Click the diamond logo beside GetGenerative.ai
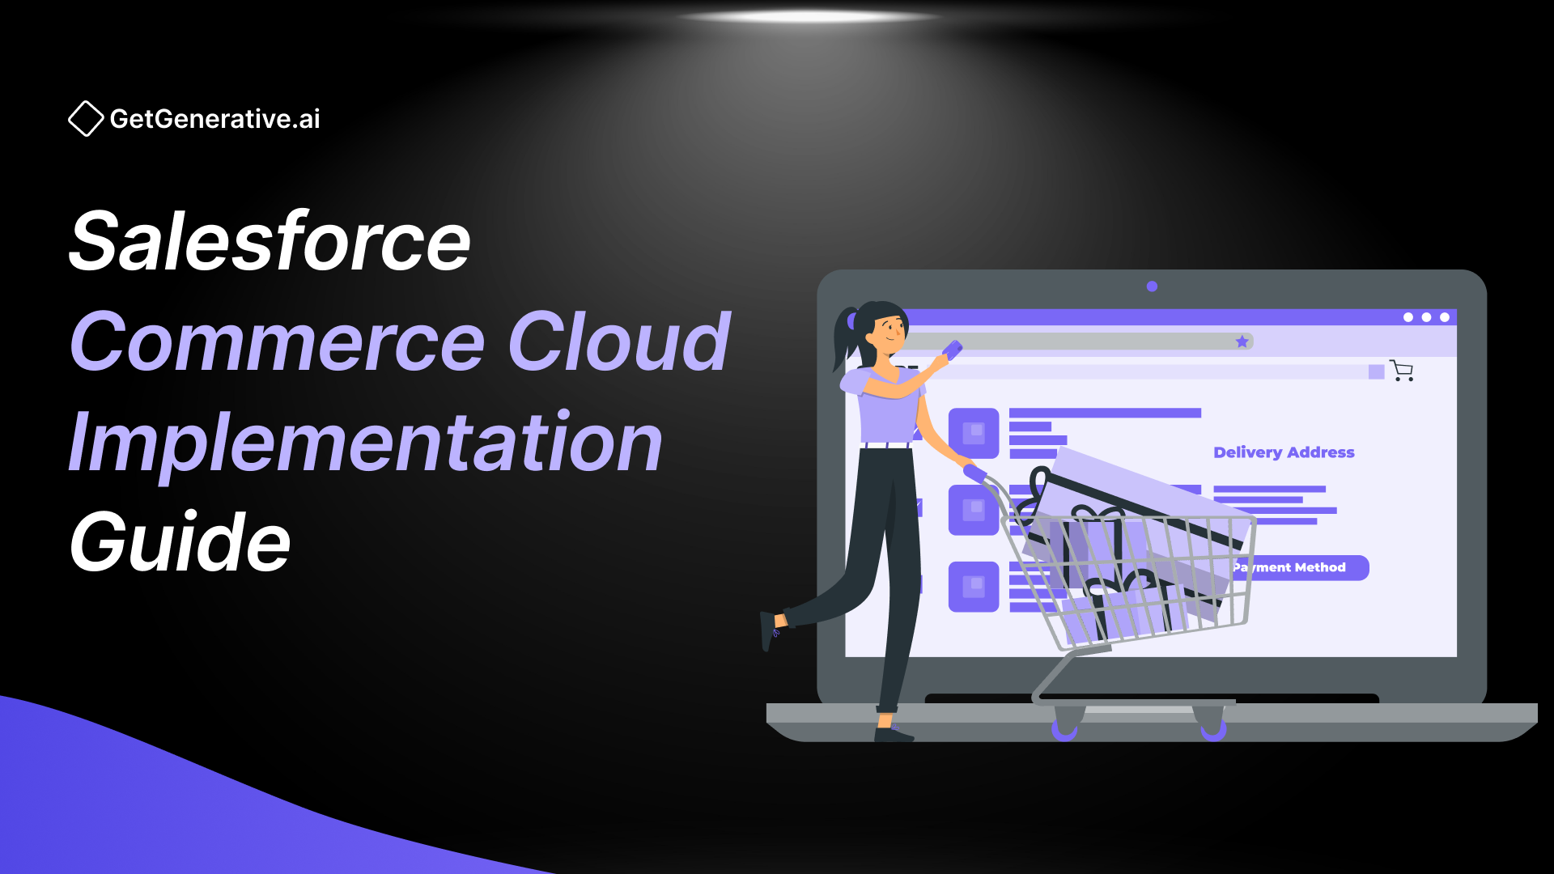pos(86,119)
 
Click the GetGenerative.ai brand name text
pos(215,119)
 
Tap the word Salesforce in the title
pos(270,242)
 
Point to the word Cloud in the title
pos(619,342)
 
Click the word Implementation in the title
pos(366,443)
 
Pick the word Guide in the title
pos(180,542)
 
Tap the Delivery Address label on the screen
pos(1284,452)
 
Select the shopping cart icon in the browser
pos(1402,371)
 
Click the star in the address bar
pos(1242,342)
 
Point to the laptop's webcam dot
pos(1152,286)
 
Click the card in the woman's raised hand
pos(953,350)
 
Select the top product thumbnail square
pos(974,433)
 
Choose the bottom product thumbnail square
pos(974,587)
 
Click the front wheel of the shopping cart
pos(1212,729)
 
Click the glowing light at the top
pos(807,16)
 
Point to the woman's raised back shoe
pos(769,631)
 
